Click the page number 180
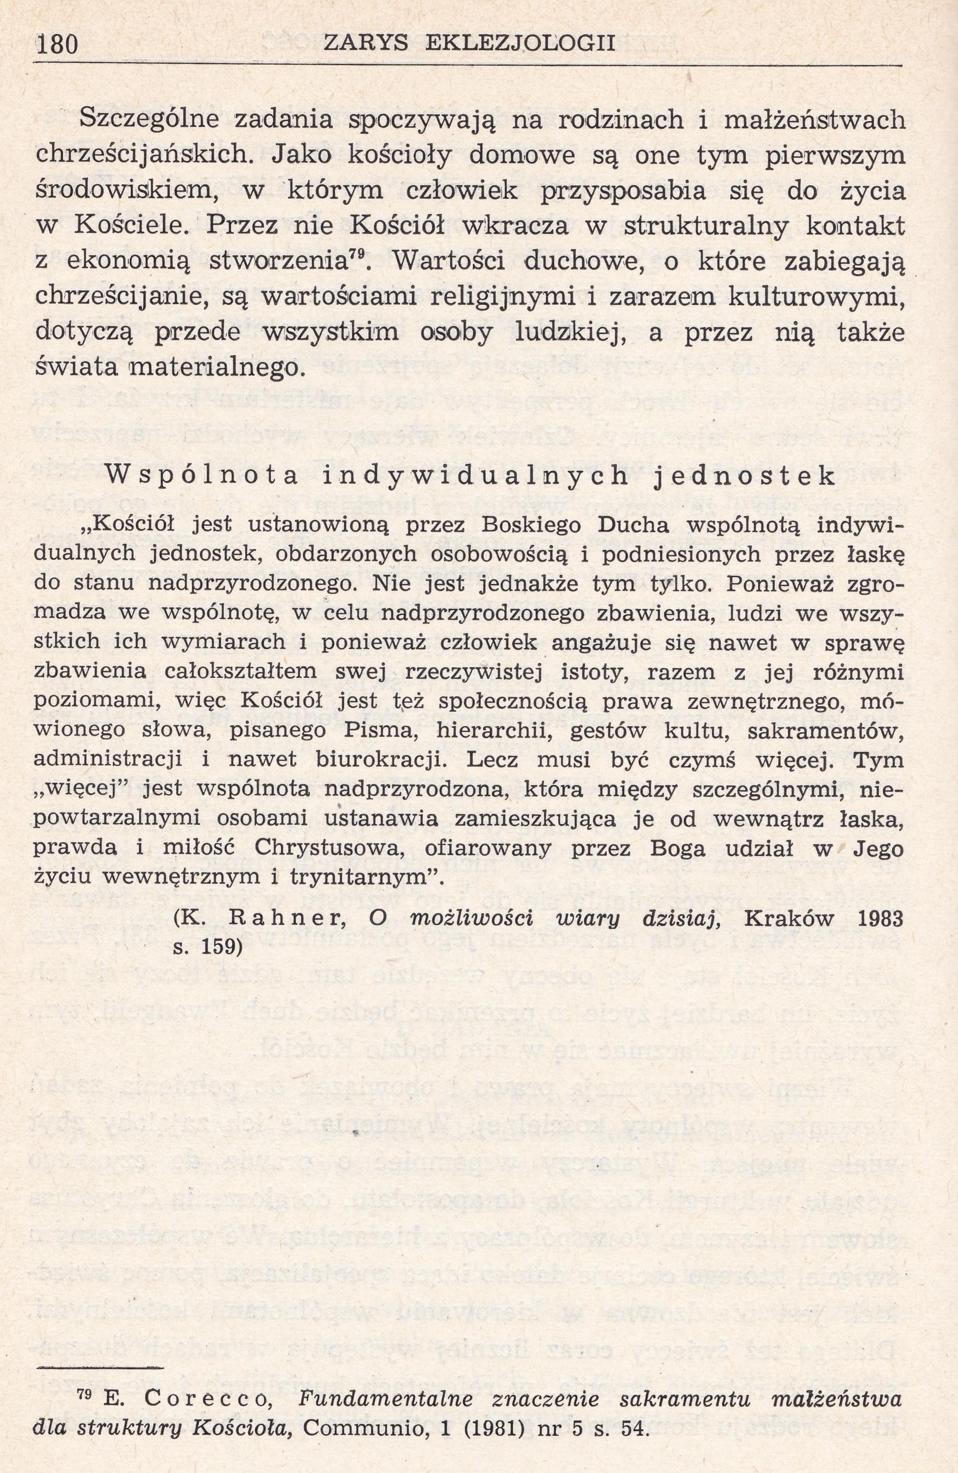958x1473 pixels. (x=57, y=45)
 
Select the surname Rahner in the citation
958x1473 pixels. (x=294, y=920)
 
